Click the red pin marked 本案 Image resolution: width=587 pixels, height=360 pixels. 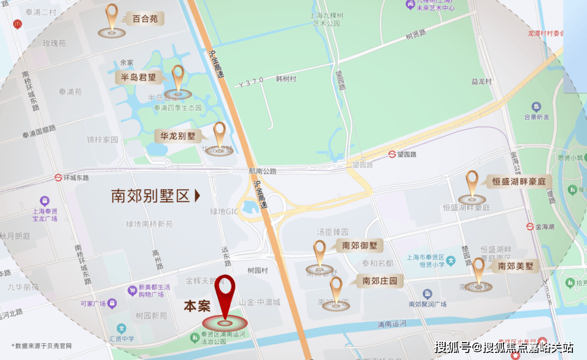pyautogui.click(x=224, y=294)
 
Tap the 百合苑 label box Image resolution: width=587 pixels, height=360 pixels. pyautogui.click(x=145, y=19)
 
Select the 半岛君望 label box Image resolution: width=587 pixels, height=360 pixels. pyautogui.click(x=138, y=77)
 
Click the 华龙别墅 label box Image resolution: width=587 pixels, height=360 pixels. pyautogui.click(x=177, y=136)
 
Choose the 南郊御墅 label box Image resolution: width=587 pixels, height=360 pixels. pyautogui.click(x=359, y=246)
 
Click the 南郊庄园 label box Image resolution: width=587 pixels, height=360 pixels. pyautogui.click(x=380, y=281)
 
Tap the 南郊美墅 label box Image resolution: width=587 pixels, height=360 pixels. pyautogui.click(x=515, y=266)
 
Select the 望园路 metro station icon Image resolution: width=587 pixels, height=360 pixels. pyautogui.click(x=392, y=154)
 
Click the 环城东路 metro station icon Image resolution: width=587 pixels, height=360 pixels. pyautogui.click(x=58, y=177)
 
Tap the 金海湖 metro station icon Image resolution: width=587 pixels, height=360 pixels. pyautogui.click(x=529, y=226)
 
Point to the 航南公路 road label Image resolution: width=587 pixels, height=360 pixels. pyautogui.click(x=263, y=171)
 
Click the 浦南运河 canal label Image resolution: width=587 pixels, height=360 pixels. pyautogui.click(x=392, y=324)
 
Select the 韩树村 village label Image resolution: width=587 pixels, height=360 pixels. pyautogui.click(x=286, y=79)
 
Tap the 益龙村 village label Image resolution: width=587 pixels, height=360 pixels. pyautogui.click(x=481, y=82)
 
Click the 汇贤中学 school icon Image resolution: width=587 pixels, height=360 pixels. pyautogui.click(x=122, y=328)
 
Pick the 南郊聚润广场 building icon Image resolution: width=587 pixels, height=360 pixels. pyautogui.click(x=427, y=294)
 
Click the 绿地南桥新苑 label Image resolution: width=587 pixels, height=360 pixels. pyautogui.click(x=149, y=224)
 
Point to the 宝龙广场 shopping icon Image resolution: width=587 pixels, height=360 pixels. pyautogui.click(x=45, y=201)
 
